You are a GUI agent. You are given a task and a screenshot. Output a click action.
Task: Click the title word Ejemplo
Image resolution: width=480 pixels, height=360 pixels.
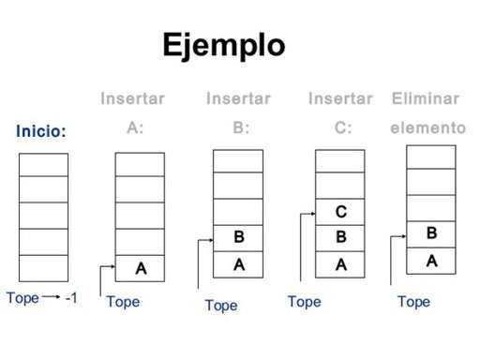click(x=223, y=45)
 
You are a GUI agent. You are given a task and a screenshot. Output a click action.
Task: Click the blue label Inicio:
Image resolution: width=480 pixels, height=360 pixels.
click(x=41, y=132)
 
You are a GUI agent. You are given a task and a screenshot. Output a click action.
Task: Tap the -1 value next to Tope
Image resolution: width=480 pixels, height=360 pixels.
click(x=71, y=298)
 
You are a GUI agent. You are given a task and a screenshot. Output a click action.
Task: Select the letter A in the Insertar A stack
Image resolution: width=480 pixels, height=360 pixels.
click(x=141, y=268)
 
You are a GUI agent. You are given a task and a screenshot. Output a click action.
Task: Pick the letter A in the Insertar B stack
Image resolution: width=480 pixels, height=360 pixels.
click(x=239, y=265)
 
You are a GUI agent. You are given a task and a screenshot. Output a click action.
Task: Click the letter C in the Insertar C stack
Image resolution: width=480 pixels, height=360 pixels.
click(x=340, y=213)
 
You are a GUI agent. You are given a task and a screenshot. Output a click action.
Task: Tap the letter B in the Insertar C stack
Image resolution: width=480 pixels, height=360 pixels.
click(x=340, y=238)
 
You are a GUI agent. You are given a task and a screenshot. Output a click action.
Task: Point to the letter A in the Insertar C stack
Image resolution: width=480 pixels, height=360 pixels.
click(x=340, y=265)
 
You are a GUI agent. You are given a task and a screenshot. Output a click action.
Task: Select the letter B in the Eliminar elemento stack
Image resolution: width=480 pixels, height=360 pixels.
click(x=431, y=233)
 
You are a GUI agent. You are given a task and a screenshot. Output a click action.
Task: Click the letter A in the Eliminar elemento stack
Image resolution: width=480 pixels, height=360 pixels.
click(x=431, y=261)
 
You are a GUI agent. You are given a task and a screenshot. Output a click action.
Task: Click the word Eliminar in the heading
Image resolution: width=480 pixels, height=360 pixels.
click(x=426, y=98)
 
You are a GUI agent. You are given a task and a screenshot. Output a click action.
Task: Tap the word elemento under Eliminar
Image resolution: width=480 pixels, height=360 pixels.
click(x=427, y=127)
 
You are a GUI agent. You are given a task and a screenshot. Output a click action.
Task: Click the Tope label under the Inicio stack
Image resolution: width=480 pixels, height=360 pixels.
click(x=22, y=298)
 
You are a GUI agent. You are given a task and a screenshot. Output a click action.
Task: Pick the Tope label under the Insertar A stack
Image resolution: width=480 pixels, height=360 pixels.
click(x=123, y=302)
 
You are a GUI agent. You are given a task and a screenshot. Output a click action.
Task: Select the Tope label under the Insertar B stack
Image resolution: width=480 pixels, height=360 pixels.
click(x=221, y=306)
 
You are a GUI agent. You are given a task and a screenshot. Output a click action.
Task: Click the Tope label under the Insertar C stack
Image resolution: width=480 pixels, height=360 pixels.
click(x=304, y=302)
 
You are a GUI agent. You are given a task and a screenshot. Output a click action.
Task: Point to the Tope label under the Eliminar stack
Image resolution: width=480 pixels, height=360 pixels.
click(x=413, y=302)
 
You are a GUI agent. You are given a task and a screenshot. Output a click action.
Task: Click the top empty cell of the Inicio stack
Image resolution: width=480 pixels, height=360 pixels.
click(x=44, y=165)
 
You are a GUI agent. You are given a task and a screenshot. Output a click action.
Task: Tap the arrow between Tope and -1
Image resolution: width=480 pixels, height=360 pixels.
click(x=50, y=298)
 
